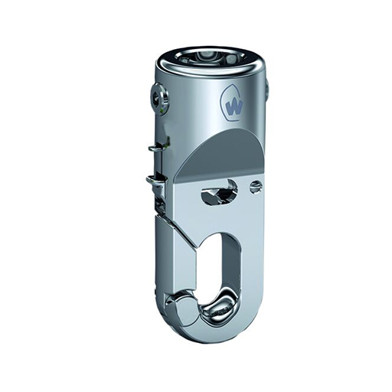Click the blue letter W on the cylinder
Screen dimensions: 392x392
(x=235, y=106)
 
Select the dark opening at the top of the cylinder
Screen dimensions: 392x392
(x=207, y=57)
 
